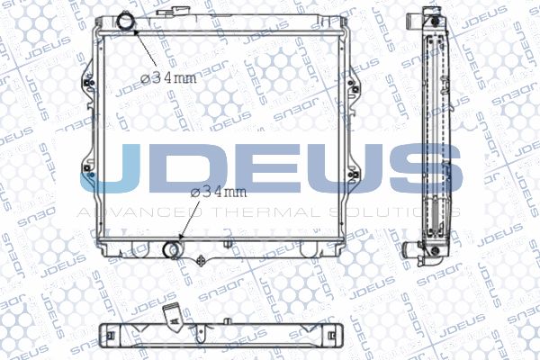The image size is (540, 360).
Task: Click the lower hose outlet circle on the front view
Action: tap(173, 249)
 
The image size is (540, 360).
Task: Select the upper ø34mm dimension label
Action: tap(169, 78)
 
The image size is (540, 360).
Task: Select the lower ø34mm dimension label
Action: tap(219, 193)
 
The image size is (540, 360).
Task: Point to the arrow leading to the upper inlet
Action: tap(145, 49)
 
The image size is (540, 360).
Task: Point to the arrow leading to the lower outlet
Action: tap(189, 220)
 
